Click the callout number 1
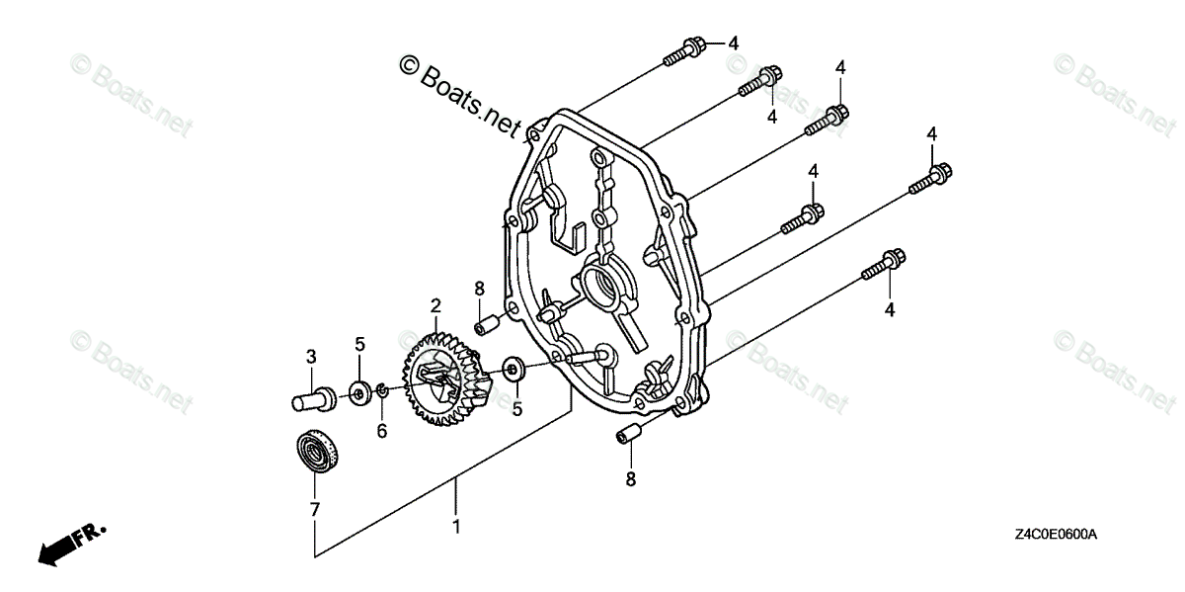pyautogui.click(x=455, y=526)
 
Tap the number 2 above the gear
pyautogui.click(x=434, y=306)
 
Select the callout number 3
pyautogui.click(x=309, y=356)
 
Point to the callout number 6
pyautogui.click(x=381, y=431)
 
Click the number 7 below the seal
pyautogui.click(x=314, y=510)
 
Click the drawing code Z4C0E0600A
pyautogui.click(x=1054, y=535)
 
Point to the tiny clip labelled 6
pyautogui.click(x=380, y=395)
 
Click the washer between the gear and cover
pyautogui.click(x=513, y=370)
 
